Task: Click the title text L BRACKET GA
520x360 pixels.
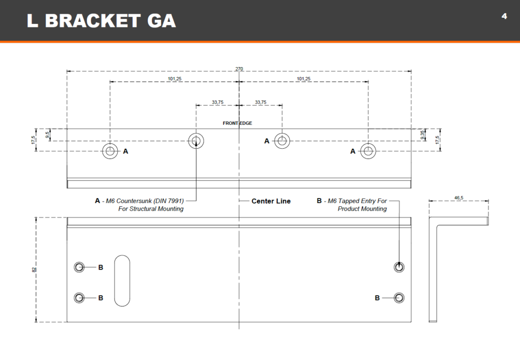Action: point(101,20)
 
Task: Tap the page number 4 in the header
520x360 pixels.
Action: point(504,16)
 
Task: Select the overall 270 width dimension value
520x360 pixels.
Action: point(239,69)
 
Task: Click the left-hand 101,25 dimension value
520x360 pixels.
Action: point(175,79)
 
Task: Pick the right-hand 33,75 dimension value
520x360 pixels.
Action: point(261,102)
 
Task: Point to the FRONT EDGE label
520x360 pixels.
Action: point(237,123)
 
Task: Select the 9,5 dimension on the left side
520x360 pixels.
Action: point(47,135)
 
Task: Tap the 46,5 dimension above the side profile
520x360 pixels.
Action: point(459,198)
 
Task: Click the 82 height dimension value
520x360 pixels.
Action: point(34,270)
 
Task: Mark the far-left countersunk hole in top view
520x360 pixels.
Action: point(110,151)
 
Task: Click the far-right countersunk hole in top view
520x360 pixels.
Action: point(368,150)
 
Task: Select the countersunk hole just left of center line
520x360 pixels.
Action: point(196,141)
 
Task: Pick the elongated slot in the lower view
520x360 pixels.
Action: point(122,280)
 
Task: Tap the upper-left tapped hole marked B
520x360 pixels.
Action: point(79,267)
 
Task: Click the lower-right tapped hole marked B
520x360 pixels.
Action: point(400,298)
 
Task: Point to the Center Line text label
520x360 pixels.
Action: point(271,201)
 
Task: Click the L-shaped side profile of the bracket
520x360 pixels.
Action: point(433,269)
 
